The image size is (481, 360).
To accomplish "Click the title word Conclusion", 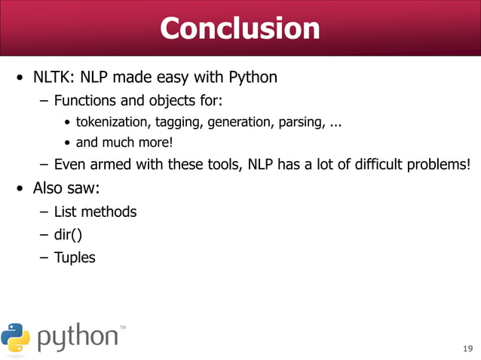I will (240, 29).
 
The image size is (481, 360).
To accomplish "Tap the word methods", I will (111, 212).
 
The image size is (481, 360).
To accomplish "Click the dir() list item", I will (68, 234).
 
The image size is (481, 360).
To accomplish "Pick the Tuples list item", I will (75, 258).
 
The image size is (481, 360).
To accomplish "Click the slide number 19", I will (467, 347).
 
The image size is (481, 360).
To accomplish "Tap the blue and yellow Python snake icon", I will (16, 337).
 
